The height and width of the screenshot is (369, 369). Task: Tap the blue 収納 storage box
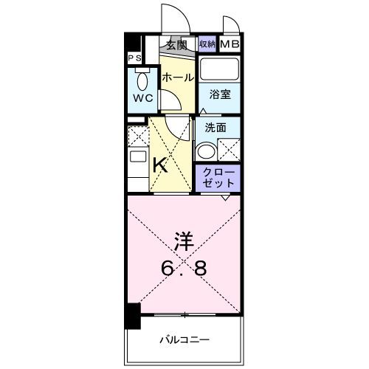tap(207, 44)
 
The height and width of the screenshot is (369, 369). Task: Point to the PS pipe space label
tap(135, 58)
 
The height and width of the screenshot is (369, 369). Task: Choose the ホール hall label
tap(177, 77)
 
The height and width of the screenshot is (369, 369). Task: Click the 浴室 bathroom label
tap(218, 94)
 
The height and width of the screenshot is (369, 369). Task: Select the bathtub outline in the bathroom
tap(219, 72)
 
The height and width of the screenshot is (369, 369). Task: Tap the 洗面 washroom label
tap(215, 126)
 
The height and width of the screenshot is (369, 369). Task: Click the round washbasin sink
tap(205, 151)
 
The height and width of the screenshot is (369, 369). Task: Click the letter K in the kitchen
tap(159, 165)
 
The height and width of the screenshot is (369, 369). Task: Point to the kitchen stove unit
tap(137, 166)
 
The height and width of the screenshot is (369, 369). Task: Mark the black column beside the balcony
tap(131, 317)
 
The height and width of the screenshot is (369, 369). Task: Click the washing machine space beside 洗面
tap(228, 150)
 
